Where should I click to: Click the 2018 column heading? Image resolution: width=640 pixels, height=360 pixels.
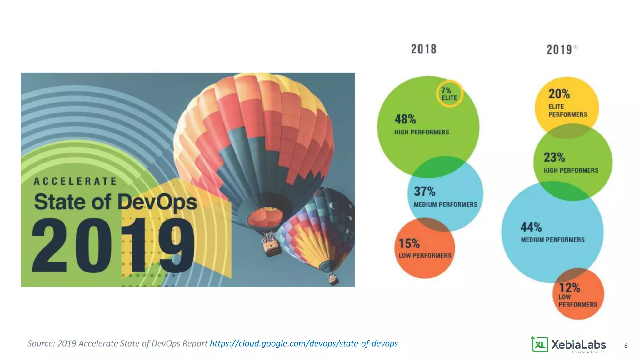click(x=423, y=49)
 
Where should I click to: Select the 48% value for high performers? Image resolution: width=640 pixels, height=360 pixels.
click(x=405, y=119)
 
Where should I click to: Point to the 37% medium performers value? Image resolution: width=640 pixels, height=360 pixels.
click(x=425, y=191)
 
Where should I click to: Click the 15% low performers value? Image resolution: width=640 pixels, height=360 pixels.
click(x=409, y=243)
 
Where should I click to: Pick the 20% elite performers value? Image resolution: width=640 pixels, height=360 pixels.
click(x=559, y=94)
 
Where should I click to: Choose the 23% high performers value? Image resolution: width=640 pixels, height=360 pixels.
click(x=554, y=157)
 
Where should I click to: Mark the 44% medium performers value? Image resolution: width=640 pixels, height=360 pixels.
click(x=531, y=227)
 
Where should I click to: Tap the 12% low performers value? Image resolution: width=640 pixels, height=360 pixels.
click(x=569, y=287)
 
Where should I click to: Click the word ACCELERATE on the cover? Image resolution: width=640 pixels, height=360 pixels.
click(x=75, y=181)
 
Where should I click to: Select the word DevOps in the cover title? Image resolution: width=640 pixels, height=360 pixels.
click(x=157, y=202)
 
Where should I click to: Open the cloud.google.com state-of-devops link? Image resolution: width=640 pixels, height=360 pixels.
click(x=304, y=343)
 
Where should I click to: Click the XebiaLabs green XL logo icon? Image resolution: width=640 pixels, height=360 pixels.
click(x=539, y=344)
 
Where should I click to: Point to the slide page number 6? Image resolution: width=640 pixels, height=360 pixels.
click(x=626, y=346)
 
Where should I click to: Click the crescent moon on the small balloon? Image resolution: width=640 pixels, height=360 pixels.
click(x=332, y=206)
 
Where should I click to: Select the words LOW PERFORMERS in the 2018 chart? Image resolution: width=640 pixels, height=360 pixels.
click(x=425, y=256)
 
